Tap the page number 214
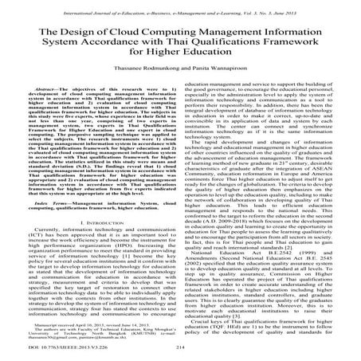pos(180,349)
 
